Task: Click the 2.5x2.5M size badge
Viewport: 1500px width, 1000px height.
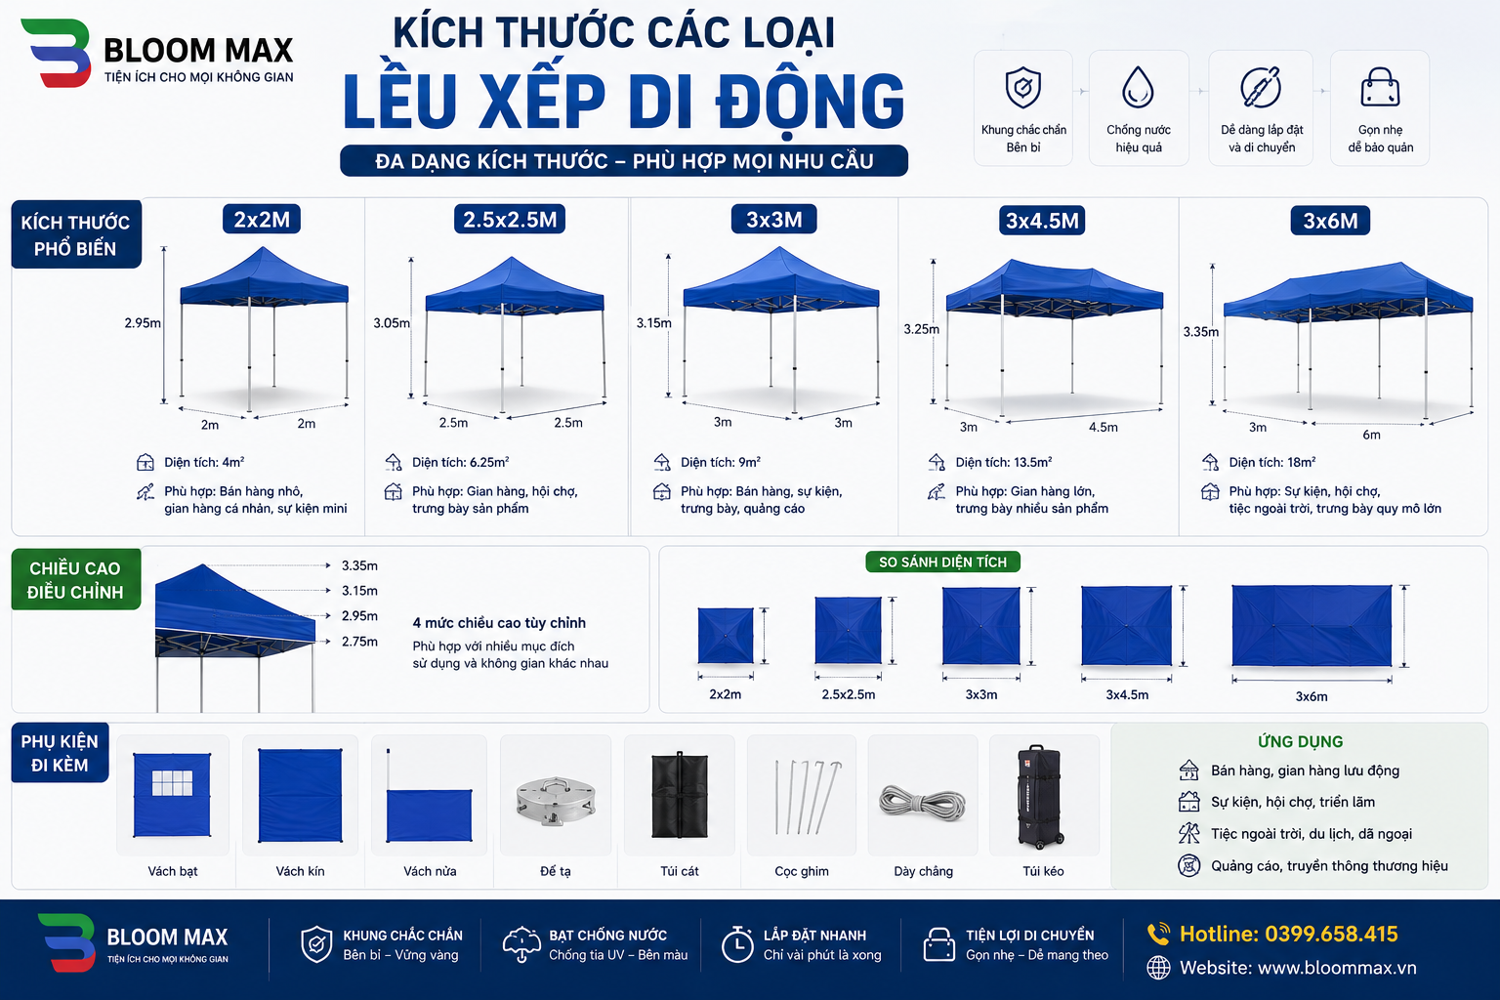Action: [x=510, y=220]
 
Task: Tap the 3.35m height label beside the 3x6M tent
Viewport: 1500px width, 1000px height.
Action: [x=1200, y=332]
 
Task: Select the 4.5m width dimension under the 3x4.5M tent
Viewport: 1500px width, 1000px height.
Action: [x=1103, y=428]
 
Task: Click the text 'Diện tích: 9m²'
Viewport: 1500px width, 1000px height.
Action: [x=721, y=462]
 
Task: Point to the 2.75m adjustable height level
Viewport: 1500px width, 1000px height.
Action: [x=359, y=642]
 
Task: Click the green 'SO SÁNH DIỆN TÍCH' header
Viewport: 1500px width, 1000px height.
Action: [x=942, y=562]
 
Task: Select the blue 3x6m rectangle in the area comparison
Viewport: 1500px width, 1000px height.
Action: [x=1312, y=626]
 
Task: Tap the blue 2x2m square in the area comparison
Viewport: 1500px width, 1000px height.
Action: [x=726, y=635]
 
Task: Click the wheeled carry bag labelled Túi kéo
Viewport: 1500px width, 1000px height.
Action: [x=1041, y=796]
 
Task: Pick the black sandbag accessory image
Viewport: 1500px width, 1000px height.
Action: [x=680, y=795]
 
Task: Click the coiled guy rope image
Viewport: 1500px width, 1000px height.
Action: [x=923, y=802]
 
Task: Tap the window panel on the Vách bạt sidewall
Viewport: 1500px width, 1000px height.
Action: [x=172, y=782]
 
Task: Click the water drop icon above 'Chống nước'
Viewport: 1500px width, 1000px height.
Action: [x=1138, y=87]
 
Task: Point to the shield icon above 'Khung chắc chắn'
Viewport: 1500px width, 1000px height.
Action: [x=1023, y=87]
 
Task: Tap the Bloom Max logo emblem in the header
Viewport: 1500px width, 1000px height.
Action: [x=57, y=53]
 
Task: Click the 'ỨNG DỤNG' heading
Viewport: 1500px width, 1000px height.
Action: [x=1300, y=741]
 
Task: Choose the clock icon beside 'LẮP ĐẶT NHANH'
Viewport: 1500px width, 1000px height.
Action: [x=737, y=944]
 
